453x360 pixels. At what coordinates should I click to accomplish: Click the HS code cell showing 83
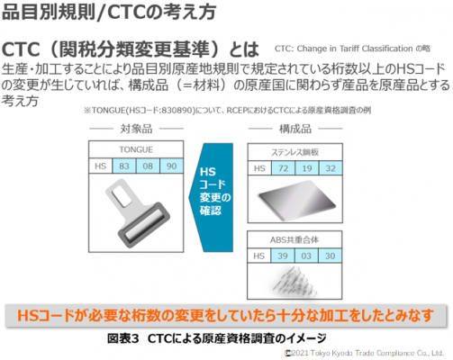124,166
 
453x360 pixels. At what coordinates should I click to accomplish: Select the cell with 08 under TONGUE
148,166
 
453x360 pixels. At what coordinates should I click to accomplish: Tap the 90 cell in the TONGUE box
171,166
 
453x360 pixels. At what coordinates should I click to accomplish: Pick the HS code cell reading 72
283,168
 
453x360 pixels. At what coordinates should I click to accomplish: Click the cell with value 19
307,168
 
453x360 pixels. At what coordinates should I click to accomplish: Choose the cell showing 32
331,168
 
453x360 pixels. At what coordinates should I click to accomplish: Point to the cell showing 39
283,256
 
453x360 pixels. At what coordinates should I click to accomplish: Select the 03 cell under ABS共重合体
306,256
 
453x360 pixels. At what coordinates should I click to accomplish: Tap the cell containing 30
330,256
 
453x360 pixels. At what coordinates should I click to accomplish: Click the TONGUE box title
136,149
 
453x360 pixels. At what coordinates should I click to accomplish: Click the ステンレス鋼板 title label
294,152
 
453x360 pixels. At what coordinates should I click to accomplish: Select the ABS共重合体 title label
294,239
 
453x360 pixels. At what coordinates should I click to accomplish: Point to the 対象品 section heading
136,129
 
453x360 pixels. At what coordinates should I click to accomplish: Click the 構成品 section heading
295,129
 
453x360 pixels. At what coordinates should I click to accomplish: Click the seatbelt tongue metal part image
138,213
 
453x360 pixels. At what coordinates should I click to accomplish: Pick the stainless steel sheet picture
296,200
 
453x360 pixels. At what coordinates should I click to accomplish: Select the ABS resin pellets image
294,282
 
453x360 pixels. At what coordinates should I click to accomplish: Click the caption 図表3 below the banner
123,338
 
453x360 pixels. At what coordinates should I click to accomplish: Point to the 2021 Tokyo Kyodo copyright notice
364,353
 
